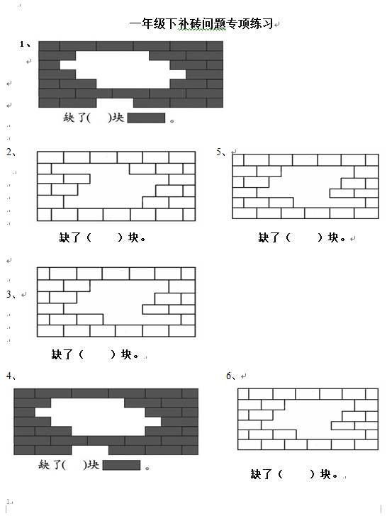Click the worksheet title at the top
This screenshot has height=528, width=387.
coord(201,24)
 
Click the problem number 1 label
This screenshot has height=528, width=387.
coord(25,44)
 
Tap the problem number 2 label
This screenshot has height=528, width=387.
coord(11,152)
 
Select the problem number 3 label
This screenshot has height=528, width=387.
coord(11,294)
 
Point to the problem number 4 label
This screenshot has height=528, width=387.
coord(11,376)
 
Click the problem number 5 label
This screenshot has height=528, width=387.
coord(221,152)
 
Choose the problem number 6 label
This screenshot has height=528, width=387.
coord(231,376)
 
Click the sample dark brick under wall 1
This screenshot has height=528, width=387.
coord(146,118)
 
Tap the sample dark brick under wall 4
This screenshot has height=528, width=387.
coord(121,465)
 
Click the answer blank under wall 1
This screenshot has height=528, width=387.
coord(99,118)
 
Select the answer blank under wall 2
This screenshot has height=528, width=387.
coord(104,237)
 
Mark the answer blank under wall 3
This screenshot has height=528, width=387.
coord(97,354)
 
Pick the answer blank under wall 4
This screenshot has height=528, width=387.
coord(74,465)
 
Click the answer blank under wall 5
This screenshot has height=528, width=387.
coord(304,237)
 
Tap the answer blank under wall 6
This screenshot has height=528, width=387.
coord(296,474)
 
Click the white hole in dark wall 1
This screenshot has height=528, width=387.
coord(123,69)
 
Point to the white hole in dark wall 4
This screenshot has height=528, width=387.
coord(98,417)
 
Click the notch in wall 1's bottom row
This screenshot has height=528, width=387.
coord(115,103)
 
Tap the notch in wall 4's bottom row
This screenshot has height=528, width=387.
coord(90,450)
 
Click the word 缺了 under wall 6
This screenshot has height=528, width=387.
coord(261,474)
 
